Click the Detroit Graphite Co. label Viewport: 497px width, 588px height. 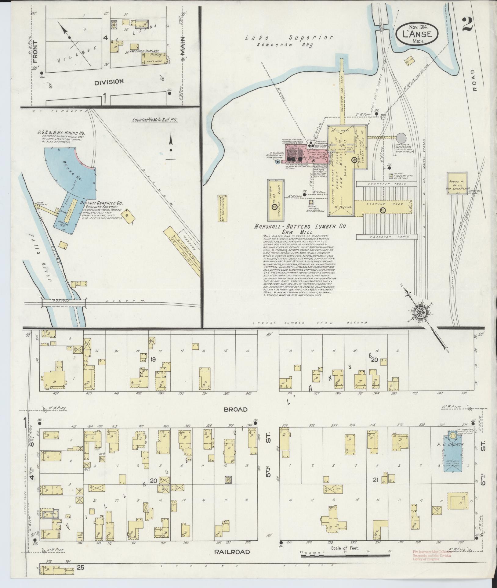coord(101,203)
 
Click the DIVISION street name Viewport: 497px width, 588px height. coord(109,82)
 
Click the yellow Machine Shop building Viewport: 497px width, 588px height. coord(276,200)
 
